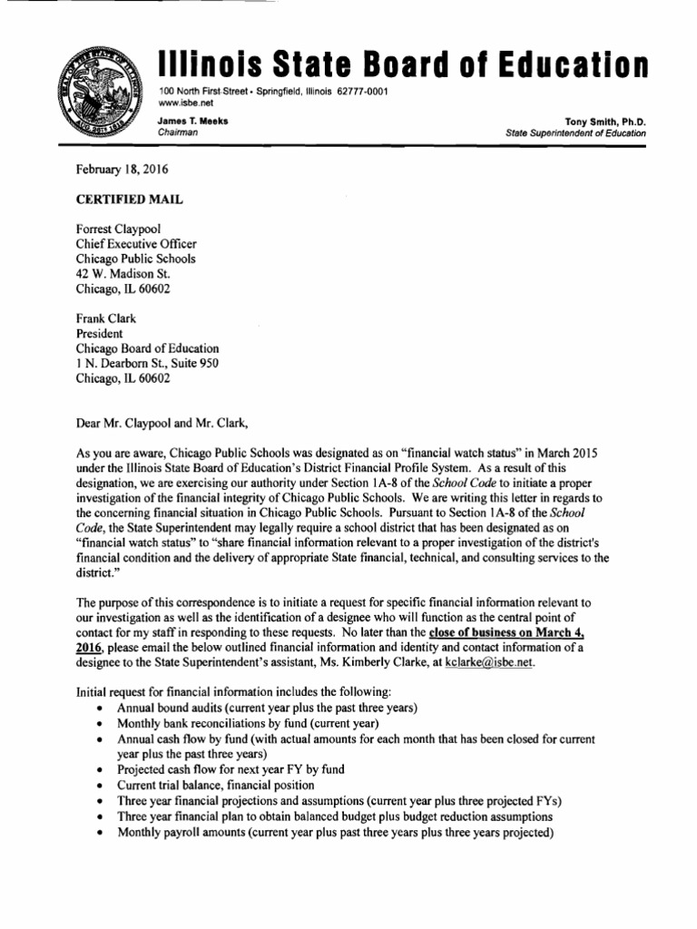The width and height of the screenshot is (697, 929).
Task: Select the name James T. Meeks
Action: click(192, 121)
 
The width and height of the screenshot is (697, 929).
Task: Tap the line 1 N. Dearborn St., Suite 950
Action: click(146, 363)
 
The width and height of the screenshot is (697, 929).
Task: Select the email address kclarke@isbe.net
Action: click(488, 662)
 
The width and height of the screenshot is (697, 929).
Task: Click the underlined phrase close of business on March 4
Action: click(533, 632)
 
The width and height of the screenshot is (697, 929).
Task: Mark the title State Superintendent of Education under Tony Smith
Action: click(576, 133)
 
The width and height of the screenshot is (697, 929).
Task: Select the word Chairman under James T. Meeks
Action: click(179, 133)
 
